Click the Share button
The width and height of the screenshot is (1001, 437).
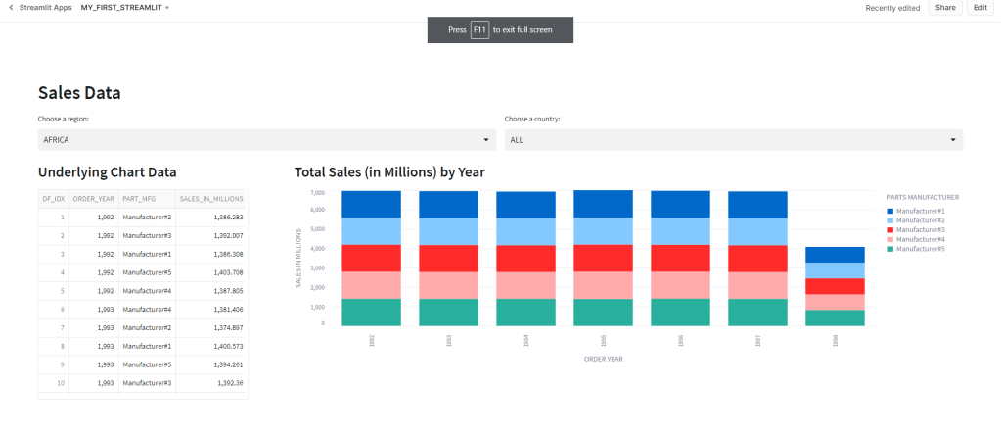[944, 8]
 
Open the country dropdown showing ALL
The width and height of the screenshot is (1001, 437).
[733, 140]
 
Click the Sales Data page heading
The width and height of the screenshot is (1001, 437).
[79, 93]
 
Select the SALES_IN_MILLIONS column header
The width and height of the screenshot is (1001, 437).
[211, 199]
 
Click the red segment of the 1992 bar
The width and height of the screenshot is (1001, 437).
[371, 258]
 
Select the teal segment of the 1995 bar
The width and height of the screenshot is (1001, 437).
[603, 313]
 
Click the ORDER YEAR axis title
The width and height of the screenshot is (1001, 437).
[604, 359]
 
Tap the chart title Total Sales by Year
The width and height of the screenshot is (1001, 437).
[389, 172]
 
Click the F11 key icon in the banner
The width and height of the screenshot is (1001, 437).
[479, 30]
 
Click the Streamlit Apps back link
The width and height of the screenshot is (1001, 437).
[40, 8]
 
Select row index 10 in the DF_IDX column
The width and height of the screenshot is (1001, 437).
[61, 382]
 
